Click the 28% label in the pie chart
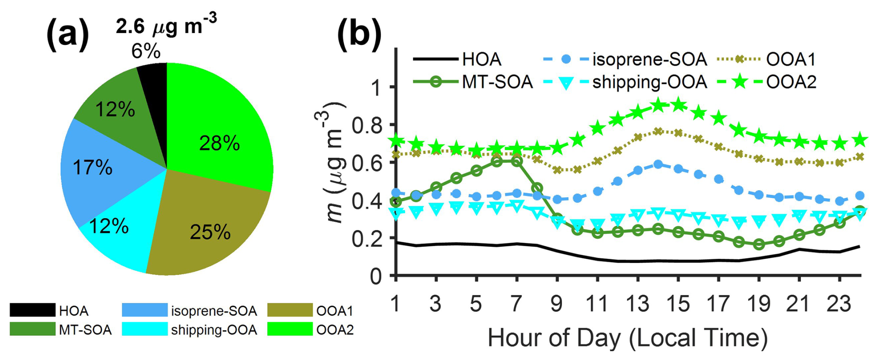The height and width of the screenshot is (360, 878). pos(219,143)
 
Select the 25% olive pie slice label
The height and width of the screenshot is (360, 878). pos(210,232)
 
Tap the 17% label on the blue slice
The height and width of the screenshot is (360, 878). pos(92,167)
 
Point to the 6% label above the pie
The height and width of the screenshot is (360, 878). pos(146,51)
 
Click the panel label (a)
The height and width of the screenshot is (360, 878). pos(68,34)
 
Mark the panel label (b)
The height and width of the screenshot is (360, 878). pos(359,34)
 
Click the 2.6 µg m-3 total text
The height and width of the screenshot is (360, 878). pos(166,26)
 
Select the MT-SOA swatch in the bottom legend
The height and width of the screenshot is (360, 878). pos(32,329)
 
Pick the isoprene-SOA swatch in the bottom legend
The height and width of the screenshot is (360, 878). pos(144,310)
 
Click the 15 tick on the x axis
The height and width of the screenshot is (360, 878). pos(678,304)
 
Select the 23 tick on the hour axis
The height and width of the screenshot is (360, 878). pos(839,304)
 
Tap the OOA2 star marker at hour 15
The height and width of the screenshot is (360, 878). pos(678,105)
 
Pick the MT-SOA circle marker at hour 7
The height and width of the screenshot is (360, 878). pos(516,161)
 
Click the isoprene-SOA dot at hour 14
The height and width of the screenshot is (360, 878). pos(658,164)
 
